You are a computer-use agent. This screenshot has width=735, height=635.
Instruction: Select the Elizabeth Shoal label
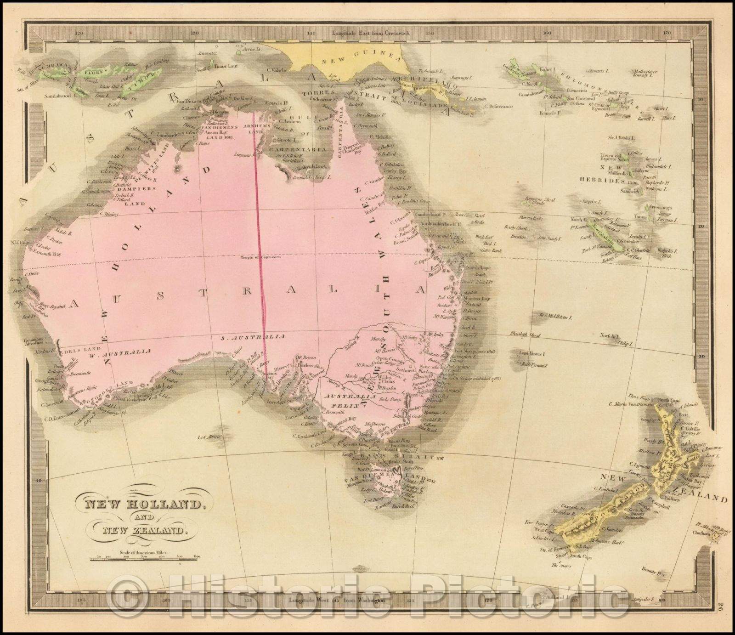[x=524, y=335]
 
